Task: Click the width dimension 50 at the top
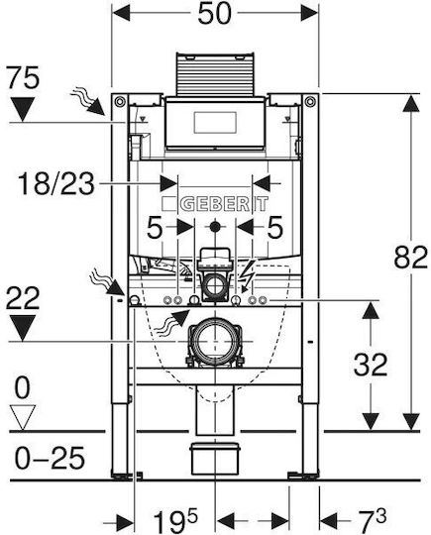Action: pyautogui.click(x=214, y=14)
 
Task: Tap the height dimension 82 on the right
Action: pyautogui.click(x=410, y=257)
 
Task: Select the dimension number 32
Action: pyautogui.click(x=371, y=365)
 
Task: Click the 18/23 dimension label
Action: pyautogui.click(x=55, y=184)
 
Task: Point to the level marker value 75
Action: pyautogui.click(x=23, y=78)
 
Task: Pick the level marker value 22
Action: pyautogui.click(x=23, y=298)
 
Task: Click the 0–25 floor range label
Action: pyautogui.click(x=50, y=459)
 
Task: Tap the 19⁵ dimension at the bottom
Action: pyautogui.click(x=175, y=520)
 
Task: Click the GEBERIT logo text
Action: pyautogui.click(x=224, y=204)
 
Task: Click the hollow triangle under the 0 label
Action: pyautogui.click(x=23, y=418)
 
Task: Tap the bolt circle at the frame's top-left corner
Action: pyautogui.click(x=120, y=101)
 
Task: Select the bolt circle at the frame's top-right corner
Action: pyautogui.click(x=310, y=101)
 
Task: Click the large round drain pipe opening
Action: pyautogui.click(x=215, y=341)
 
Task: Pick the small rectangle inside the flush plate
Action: pyautogui.click(x=215, y=122)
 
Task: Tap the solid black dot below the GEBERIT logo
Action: pyautogui.click(x=215, y=226)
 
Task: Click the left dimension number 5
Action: pyautogui.click(x=154, y=227)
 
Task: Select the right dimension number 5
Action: pyautogui.click(x=275, y=227)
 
